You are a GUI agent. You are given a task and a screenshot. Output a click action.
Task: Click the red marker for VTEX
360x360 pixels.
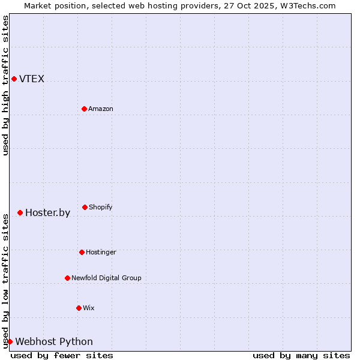pyautogui.click(x=14, y=79)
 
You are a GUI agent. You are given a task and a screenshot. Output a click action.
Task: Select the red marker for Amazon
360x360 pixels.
pyautogui.click(x=84, y=109)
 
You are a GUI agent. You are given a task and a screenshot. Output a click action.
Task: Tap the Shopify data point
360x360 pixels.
pyautogui.click(x=85, y=207)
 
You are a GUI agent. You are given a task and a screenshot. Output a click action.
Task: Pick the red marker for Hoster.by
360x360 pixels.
pyautogui.click(x=20, y=212)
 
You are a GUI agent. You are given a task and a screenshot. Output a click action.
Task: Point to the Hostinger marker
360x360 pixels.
pyautogui.click(x=82, y=252)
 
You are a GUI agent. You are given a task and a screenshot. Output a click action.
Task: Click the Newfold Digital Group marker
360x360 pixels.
pyautogui.click(x=67, y=278)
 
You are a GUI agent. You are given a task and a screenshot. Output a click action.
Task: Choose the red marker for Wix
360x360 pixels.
pyautogui.click(x=79, y=308)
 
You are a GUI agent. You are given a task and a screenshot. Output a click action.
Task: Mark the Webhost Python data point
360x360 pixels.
pyautogui.click(x=10, y=341)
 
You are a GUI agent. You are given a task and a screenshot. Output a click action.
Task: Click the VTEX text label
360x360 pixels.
pyautogui.click(x=32, y=79)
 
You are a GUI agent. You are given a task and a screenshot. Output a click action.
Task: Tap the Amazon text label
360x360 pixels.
pyautogui.click(x=101, y=109)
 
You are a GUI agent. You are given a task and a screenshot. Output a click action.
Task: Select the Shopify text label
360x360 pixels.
pyautogui.click(x=101, y=208)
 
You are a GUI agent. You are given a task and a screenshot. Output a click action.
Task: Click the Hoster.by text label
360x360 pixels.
pyautogui.click(x=47, y=213)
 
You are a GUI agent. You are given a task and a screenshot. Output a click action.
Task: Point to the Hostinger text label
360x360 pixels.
pyautogui.click(x=101, y=253)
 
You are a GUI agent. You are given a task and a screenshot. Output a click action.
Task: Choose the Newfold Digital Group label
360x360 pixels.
pyautogui.click(x=106, y=278)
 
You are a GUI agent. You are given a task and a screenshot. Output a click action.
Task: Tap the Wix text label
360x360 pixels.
pyautogui.click(x=89, y=308)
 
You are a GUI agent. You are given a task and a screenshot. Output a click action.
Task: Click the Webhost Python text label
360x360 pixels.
pyautogui.click(x=54, y=342)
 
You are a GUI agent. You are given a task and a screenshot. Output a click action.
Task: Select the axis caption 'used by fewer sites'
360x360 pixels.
pyautogui.click(x=62, y=355)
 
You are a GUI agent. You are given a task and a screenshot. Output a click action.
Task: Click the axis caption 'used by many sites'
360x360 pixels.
pyautogui.click(x=301, y=355)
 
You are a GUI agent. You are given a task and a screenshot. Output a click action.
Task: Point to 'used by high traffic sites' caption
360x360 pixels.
pyautogui.click(x=5, y=85)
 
